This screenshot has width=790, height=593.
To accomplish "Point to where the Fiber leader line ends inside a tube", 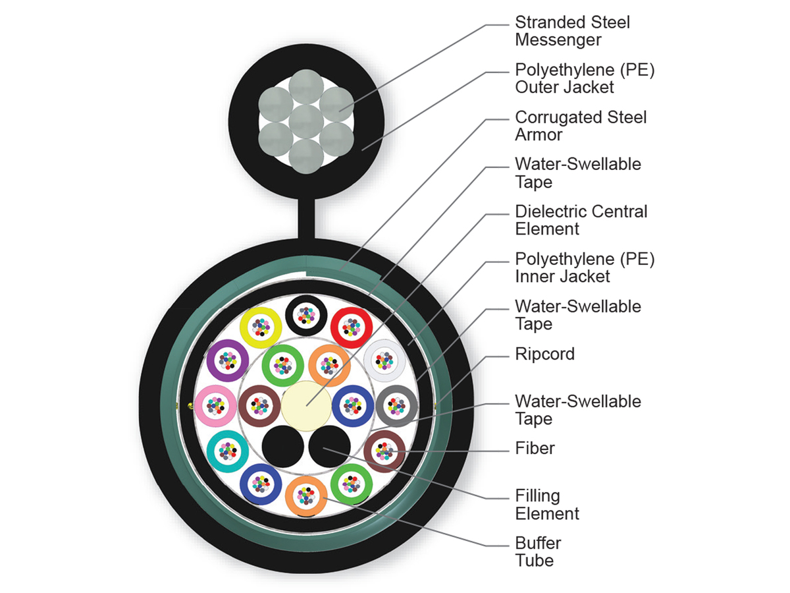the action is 392,451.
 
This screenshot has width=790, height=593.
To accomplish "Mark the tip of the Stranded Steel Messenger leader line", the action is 339,111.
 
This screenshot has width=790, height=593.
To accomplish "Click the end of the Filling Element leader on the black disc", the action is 323,448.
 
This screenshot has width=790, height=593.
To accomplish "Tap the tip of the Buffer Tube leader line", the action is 323,498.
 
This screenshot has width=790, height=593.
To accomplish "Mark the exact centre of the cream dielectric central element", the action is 306,406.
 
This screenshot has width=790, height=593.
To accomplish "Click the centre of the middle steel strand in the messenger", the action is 306,122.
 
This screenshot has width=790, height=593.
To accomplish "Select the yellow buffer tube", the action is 261,327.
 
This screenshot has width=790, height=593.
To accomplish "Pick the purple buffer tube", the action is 228,360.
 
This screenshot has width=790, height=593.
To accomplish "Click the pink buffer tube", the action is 215,406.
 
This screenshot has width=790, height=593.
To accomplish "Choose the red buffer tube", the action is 352,327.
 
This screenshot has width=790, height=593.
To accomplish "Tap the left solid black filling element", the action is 283,447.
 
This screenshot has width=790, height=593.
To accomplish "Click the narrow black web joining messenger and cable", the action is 307,218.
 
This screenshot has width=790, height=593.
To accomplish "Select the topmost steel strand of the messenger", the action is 306,87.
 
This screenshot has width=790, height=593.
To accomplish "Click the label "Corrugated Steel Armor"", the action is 581,126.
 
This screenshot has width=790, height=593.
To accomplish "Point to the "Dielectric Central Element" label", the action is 581,220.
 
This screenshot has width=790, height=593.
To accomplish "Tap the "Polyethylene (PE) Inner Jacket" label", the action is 585,268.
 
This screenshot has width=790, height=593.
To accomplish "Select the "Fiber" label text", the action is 535,448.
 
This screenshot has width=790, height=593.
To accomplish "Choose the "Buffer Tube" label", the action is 538,551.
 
